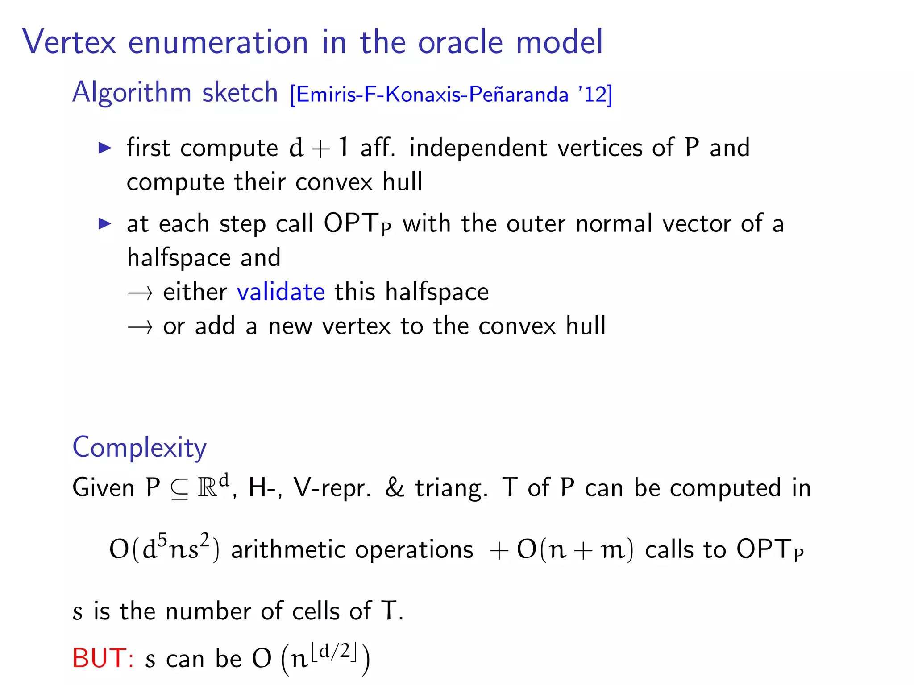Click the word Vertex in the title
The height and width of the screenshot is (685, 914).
[69, 42]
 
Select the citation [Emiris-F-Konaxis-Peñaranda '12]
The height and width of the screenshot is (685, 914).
[451, 94]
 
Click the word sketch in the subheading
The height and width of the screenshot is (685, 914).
[240, 92]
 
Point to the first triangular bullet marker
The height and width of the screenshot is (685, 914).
[104, 148]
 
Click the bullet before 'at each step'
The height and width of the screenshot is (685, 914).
[104, 223]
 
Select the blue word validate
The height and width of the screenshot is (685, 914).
[281, 292]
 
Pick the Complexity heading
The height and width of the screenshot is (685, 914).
[139, 447]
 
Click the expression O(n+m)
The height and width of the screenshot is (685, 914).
[575, 549]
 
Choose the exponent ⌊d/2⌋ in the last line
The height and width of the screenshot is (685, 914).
[334, 652]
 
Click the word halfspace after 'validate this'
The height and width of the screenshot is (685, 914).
[437, 292]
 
